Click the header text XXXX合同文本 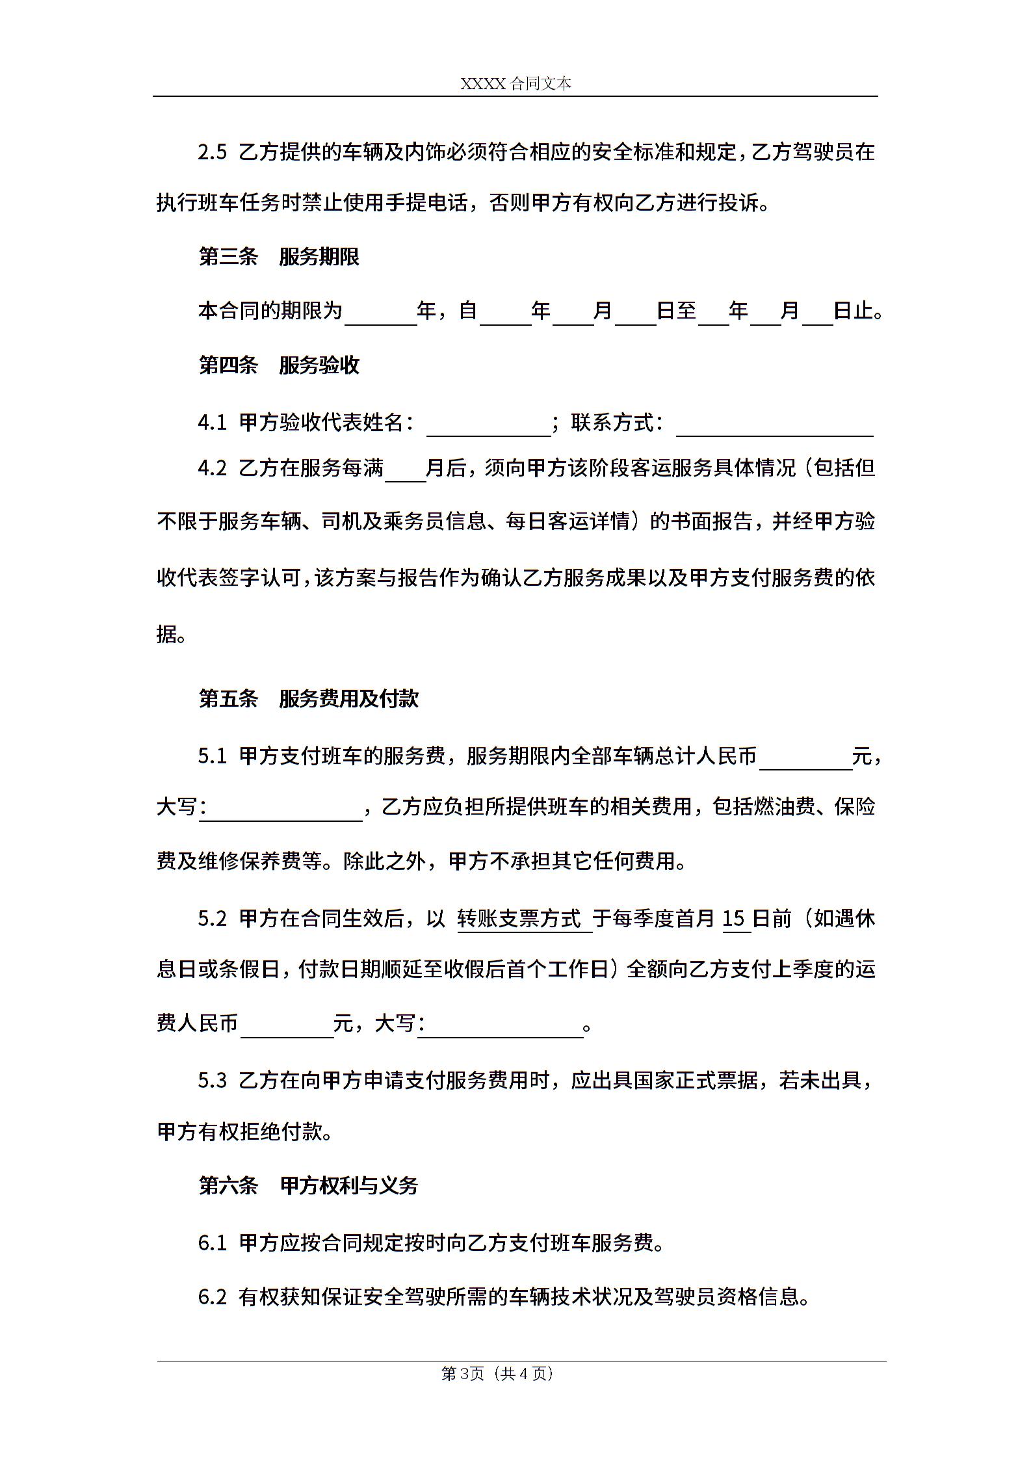point(515,84)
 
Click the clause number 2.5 point(213,152)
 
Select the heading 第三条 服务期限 point(279,257)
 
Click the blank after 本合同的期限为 point(381,313)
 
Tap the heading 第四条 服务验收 point(279,365)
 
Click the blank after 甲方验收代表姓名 point(488,424)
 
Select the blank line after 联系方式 point(774,424)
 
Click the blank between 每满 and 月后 point(405,469)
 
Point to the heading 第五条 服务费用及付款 point(309,699)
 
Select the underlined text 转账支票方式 point(519,919)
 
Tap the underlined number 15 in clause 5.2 point(733,919)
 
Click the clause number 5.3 point(213,1081)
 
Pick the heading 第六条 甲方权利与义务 point(309,1186)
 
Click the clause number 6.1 point(213,1243)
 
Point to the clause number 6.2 point(213,1297)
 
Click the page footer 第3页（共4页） point(497,1373)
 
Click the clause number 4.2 point(213,468)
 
